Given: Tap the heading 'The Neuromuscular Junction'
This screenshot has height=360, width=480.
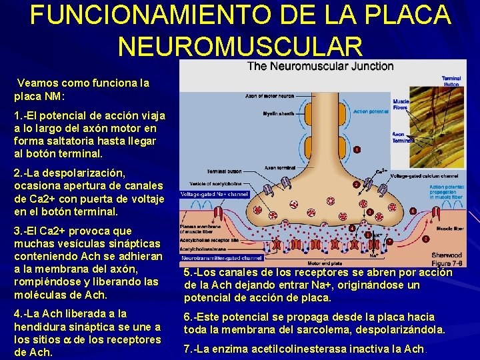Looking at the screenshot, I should click(x=321, y=65).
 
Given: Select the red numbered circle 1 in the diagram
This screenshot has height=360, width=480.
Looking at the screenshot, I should click(x=357, y=150).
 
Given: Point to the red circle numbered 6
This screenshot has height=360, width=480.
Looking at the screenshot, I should click(x=413, y=211).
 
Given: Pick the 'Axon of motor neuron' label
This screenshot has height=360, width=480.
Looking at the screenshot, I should click(x=270, y=96).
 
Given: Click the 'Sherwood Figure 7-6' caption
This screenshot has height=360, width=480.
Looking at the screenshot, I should click(x=446, y=259).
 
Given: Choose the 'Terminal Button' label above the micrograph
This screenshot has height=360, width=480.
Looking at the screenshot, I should click(x=451, y=81).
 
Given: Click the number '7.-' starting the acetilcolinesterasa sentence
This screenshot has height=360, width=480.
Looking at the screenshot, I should click(x=193, y=349).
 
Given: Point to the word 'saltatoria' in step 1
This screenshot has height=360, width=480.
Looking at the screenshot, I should click(x=72, y=140).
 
